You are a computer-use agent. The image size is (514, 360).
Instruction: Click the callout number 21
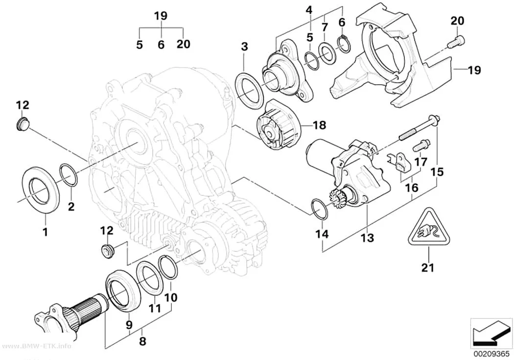click(428, 267)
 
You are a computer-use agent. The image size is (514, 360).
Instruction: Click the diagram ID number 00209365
click(491, 354)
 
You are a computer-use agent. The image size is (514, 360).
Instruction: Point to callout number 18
click(320, 124)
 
